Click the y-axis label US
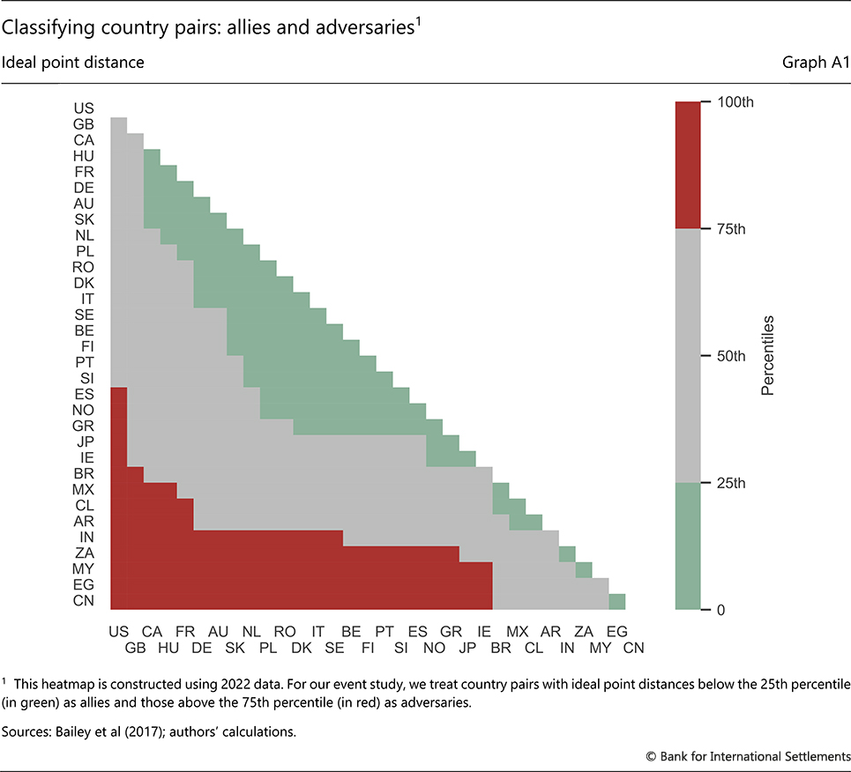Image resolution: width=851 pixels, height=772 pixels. point(86,108)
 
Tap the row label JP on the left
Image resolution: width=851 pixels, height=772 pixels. point(86,442)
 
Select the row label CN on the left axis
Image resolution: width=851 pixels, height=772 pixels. point(86,601)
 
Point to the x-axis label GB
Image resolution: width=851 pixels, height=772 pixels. point(135,648)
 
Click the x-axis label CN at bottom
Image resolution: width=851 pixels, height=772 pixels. point(634,648)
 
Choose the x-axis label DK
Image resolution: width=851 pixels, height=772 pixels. point(301,648)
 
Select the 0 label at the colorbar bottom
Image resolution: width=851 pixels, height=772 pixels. point(719,610)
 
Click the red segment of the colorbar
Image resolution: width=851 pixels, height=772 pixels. point(687,165)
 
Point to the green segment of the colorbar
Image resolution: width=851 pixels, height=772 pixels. point(687,546)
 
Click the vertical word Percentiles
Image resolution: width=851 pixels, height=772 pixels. point(766,355)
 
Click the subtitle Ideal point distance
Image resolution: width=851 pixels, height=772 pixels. point(73,63)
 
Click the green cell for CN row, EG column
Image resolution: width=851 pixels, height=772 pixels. point(617,601)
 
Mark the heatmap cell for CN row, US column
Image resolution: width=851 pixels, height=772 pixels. point(118,601)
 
